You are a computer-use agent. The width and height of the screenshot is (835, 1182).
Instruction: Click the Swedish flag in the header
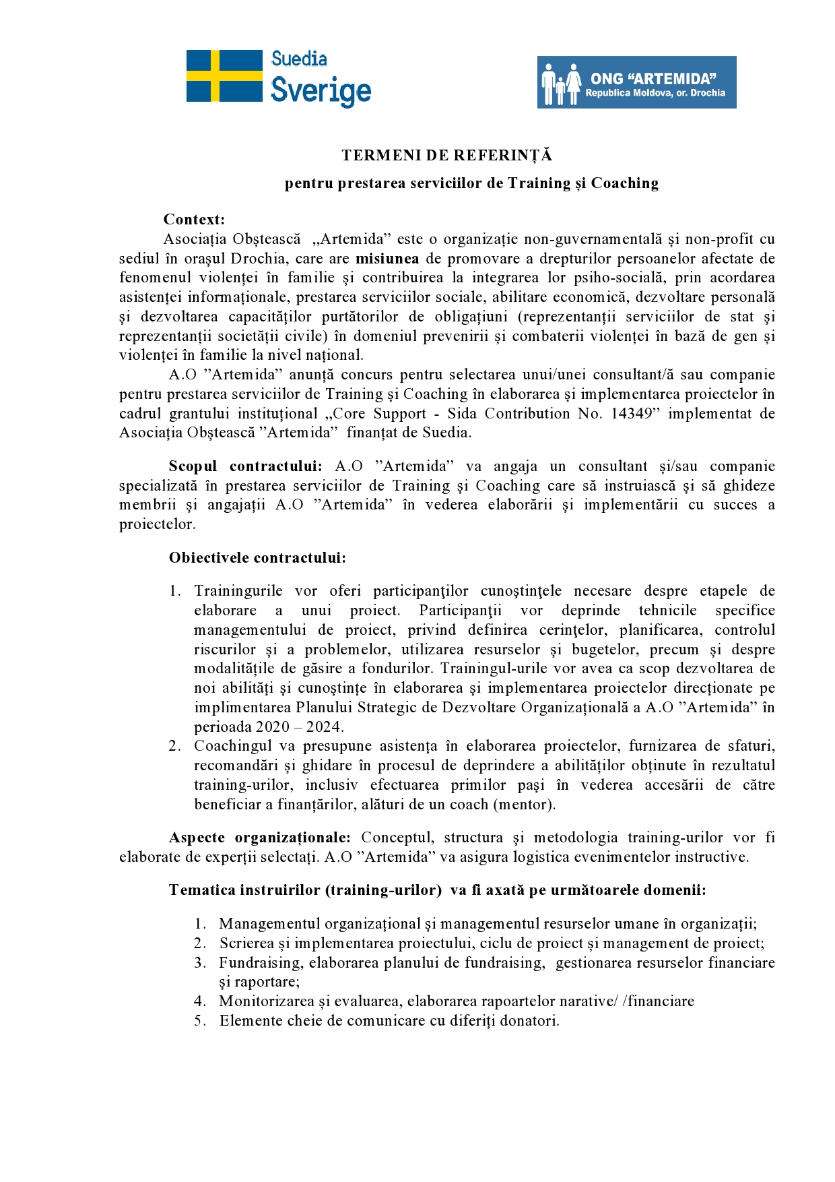(224, 75)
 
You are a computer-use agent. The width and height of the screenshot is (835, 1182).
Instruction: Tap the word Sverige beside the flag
(321, 91)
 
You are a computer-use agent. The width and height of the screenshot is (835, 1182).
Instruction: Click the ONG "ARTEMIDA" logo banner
(636, 82)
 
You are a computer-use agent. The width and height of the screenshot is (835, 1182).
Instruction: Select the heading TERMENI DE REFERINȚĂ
(446, 156)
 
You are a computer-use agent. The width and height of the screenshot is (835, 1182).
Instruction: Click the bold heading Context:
(194, 220)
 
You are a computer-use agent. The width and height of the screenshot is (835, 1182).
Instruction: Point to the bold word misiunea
(387, 259)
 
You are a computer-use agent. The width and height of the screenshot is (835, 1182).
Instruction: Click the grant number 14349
(631, 414)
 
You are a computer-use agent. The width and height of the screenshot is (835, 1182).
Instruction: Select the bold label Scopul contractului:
(245, 466)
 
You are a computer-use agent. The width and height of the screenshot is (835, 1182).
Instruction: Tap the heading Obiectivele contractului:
(257, 558)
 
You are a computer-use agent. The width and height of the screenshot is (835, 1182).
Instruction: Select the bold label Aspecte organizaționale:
(259, 838)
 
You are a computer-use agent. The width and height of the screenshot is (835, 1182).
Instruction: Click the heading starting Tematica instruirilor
(437, 890)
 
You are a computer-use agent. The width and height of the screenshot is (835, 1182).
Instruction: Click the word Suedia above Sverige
(299, 59)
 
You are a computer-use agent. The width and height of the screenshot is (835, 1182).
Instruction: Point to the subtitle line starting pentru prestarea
(471, 183)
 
